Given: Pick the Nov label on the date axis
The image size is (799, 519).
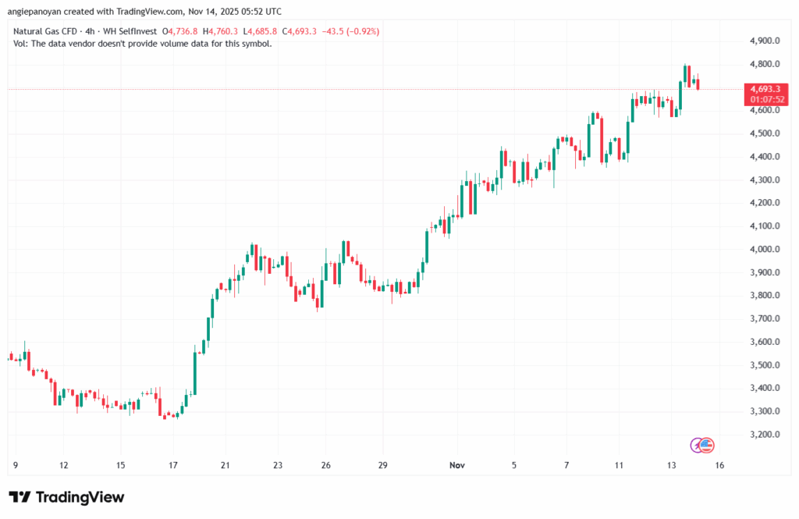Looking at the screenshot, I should click(x=457, y=464).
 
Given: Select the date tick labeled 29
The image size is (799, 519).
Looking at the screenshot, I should click(x=382, y=464).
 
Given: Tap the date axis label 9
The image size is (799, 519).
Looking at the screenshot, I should click(x=16, y=464).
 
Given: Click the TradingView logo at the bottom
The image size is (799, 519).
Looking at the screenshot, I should click(x=66, y=497).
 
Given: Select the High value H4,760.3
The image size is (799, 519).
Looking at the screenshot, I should click(x=221, y=31).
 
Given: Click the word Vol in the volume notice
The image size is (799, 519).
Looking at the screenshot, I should click(x=20, y=44).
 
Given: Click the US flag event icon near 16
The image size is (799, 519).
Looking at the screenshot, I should click(x=706, y=445).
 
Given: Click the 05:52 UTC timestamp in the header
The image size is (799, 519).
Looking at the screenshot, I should click(x=261, y=12).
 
